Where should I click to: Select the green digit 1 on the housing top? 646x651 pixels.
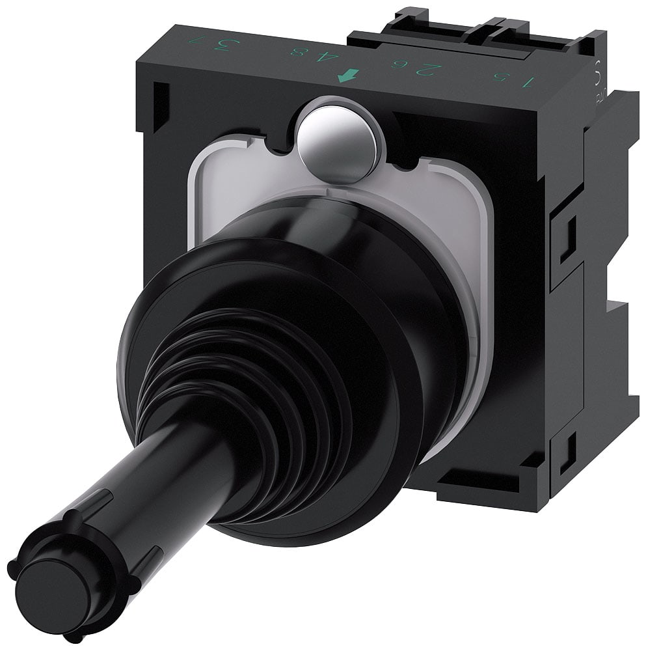coord(529,82)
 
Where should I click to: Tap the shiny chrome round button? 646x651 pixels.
coord(339,139)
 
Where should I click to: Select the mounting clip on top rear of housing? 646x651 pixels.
coord(481,29)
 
